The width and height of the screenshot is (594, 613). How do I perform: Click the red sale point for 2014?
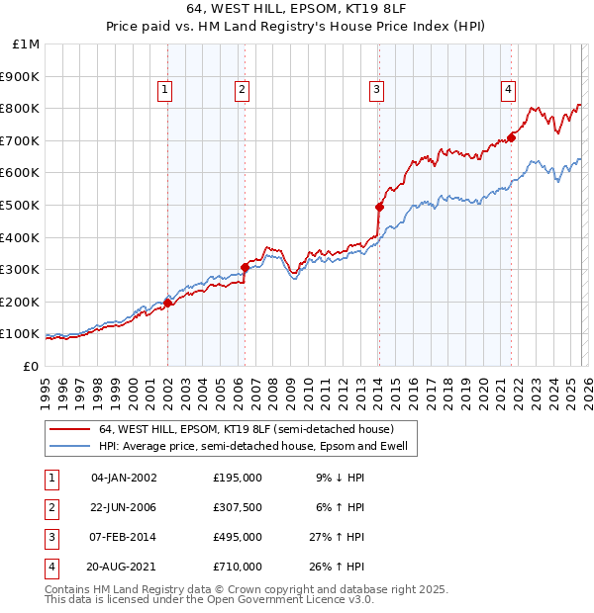pyautogui.click(x=379, y=207)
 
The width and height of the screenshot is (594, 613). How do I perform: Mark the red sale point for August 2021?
pyautogui.click(x=512, y=137)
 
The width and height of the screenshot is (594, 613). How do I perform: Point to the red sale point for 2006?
pyautogui.click(x=245, y=267)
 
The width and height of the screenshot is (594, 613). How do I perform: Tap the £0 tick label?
pyautogui.click(x=31, y=366)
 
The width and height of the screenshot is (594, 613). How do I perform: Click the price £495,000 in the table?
pyautogui.click(x=238, y=537)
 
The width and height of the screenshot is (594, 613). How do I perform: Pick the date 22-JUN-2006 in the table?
pyautogui.click(x=124, y=507)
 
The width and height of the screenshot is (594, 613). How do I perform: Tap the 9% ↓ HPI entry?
pyautogui.click(x=340, y=478)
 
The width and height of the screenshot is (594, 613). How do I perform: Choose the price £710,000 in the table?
pyautogui.click(x=238, y=567)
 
